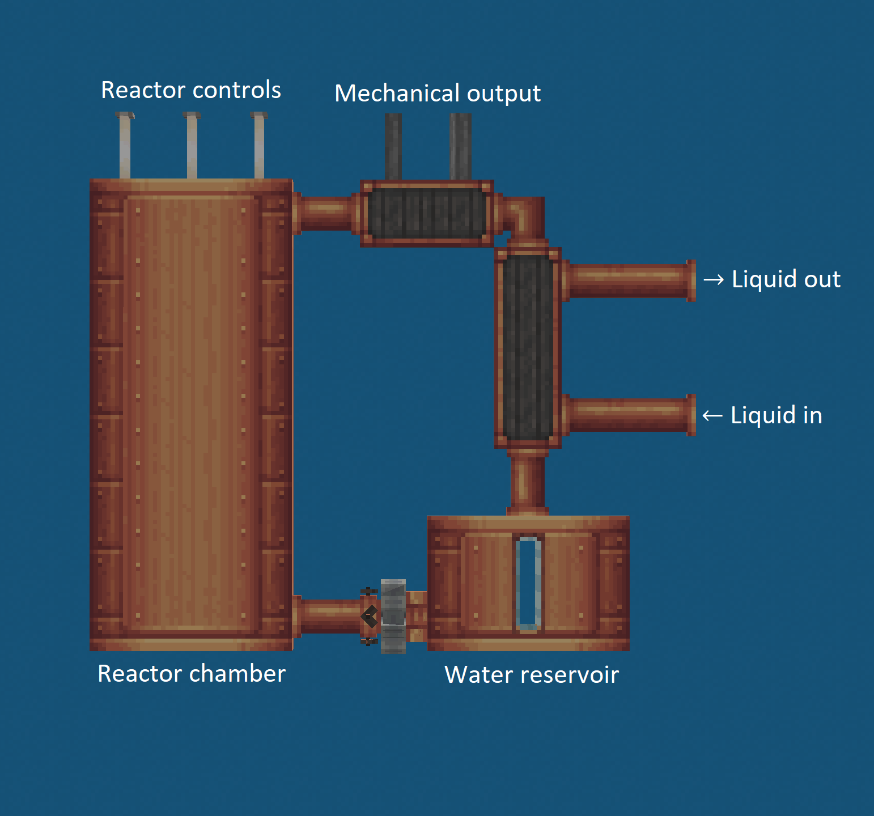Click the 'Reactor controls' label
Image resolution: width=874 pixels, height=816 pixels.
191,90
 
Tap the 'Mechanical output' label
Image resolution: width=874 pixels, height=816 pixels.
438,93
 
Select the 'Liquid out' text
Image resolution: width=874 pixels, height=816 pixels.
786,279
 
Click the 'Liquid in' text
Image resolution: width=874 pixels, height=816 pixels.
776,415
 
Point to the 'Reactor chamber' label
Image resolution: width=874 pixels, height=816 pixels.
192,674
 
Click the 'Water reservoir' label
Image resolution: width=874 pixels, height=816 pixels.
532,675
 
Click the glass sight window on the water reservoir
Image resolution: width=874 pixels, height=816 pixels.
528,583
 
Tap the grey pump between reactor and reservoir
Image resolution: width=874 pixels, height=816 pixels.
393,616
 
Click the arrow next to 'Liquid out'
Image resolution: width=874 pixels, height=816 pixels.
714,280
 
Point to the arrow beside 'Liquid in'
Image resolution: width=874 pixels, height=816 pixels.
712,416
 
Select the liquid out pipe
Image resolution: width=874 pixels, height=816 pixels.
629,280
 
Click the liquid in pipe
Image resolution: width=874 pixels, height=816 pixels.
629,415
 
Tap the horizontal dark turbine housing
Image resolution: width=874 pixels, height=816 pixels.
427,214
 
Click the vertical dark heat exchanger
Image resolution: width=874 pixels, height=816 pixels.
528,347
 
